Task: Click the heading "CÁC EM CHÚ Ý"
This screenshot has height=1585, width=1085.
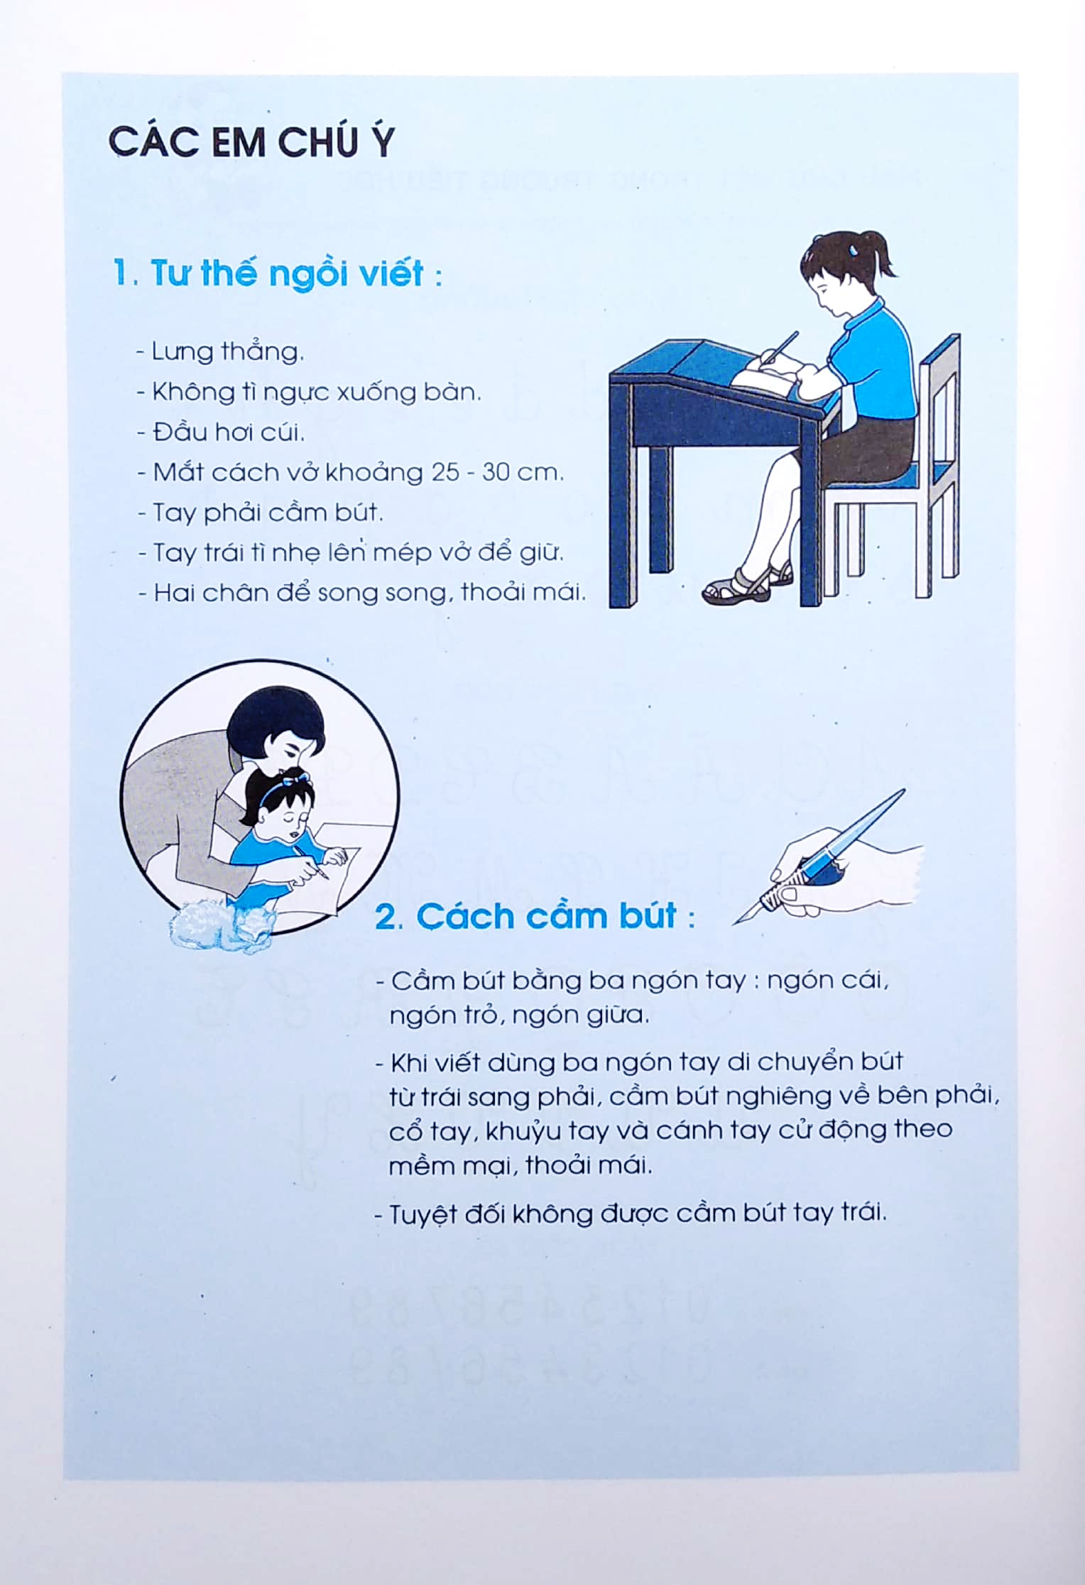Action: (x=250, y=143)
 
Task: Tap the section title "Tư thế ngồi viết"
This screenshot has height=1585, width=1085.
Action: (x=277, y=275)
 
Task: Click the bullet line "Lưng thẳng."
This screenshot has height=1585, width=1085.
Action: (x=222, y=352)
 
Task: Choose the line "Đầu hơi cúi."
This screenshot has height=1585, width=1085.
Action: (x=222, y=432)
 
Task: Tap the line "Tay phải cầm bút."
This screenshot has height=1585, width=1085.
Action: (x=261, y=513)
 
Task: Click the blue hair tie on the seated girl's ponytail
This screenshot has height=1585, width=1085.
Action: (x=854, y=250)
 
